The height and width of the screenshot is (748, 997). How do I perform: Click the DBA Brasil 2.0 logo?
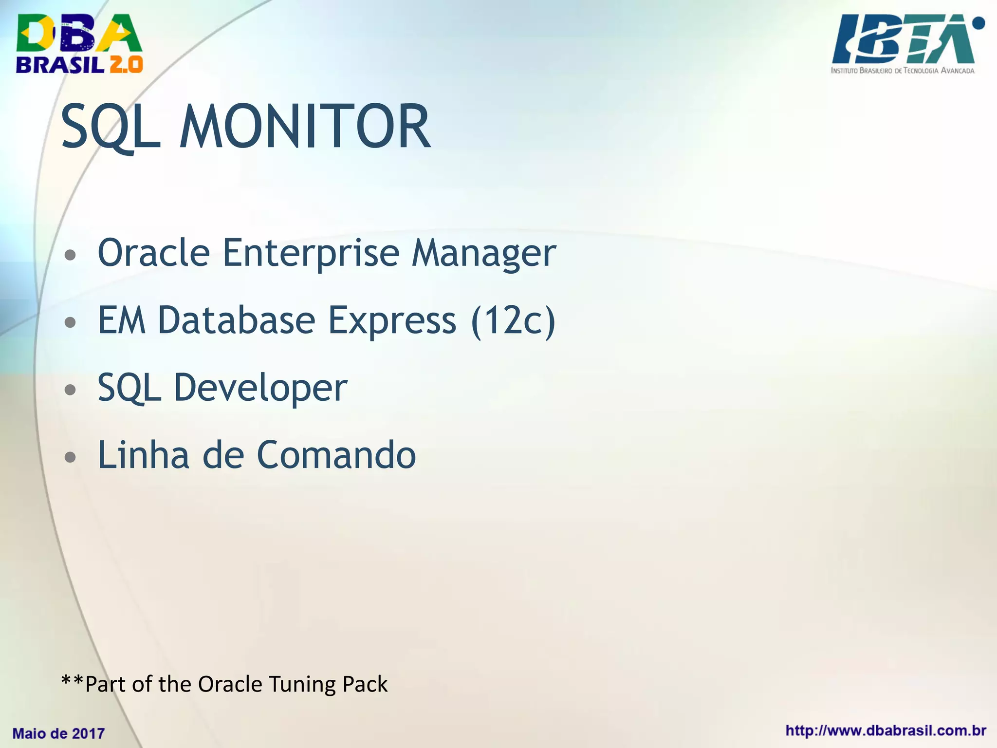79,44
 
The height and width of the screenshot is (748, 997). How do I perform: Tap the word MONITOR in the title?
305,128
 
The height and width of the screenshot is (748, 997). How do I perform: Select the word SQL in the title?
111,128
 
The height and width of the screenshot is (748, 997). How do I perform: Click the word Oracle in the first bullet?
154,253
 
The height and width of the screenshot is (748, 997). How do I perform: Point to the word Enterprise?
311,253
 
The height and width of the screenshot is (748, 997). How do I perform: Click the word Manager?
483,253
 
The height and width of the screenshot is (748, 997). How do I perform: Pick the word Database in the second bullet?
237,320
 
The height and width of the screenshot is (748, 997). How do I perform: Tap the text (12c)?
513,320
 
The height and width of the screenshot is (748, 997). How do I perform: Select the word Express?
392,320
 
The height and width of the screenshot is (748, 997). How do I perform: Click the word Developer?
260,388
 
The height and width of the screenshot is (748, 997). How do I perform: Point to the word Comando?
336,455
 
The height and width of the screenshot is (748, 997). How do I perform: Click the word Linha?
143,455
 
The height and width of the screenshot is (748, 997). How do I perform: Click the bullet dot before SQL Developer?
71,390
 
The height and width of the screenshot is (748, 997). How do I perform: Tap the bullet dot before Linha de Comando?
71,457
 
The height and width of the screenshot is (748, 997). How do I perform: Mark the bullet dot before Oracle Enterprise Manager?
71,255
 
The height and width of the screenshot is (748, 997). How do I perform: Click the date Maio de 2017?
58,733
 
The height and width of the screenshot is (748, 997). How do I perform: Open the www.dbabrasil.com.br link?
886,731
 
